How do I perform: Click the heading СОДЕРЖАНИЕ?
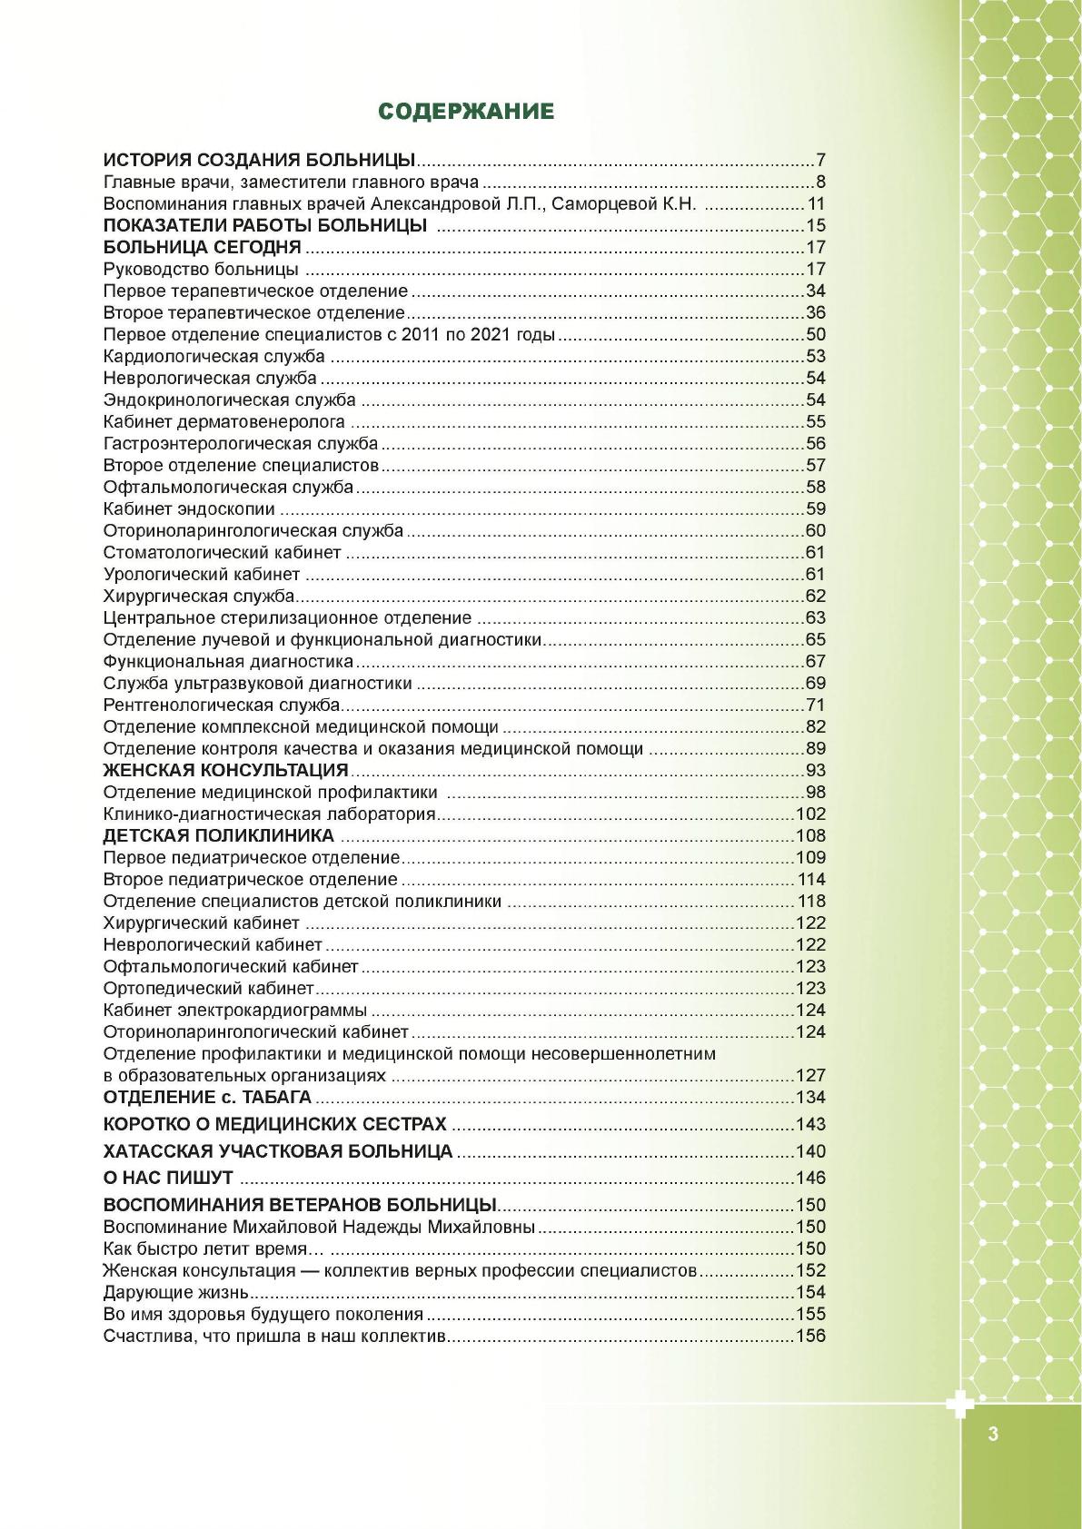pyautogui.click(x=466, y=112)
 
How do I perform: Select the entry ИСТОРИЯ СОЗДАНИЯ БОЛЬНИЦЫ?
pyautogui.click(x=259, y=161)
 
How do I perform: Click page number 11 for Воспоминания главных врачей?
pyautogui.click(x=816, y=204)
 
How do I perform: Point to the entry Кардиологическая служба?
pyautogui.click(x=213, y=357)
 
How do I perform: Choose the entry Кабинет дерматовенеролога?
pyautogui.click(x=224, y=422)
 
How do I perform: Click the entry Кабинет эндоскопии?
pyautogui.click(x=189, y=509)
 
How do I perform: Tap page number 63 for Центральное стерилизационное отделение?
pyautogui.click(x=815, y=618)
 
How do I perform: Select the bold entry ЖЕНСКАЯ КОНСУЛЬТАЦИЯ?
pyautogui.click(x=226, y=771)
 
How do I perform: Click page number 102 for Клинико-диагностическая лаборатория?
pyautogui.click(x=810, y=814)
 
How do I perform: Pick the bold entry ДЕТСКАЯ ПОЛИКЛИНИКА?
pyautogui.click(x=219, y=836)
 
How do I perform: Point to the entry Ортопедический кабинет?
pyautogui.click(x=208, y=989)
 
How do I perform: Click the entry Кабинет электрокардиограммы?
pyautogui.click(x=235, y=1011)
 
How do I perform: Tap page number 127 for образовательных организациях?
pyautogui.click(x=810, y=1076)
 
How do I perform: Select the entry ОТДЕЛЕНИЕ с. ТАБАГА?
pyautogui.click(x=207, y=1097)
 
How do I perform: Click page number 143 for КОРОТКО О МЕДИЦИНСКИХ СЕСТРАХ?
pyautogui.click(x=810, y=1124)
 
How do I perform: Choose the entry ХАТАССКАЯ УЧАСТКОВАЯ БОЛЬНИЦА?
pyautogui.click(x=278, y=1151)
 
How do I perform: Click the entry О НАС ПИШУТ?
pyautogui.click(x=168, y=1179)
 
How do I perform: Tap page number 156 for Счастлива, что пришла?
pyautogui.click(x=810, y=1337)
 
